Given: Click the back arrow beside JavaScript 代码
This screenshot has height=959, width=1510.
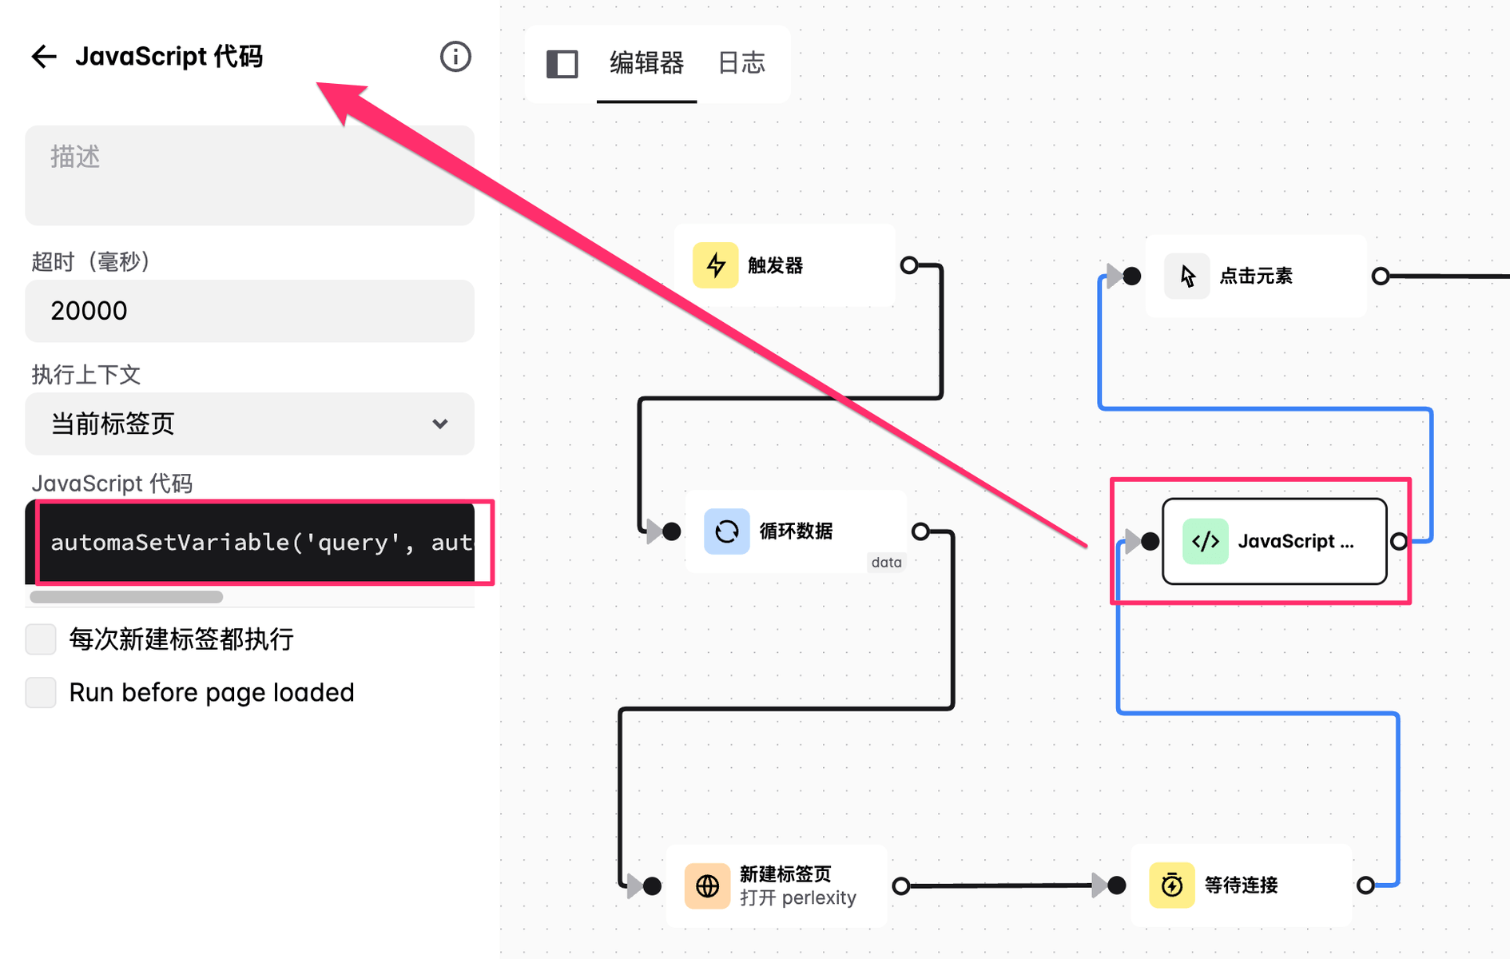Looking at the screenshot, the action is [44, 56].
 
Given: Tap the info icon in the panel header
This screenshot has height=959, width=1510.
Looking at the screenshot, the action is [455, 57].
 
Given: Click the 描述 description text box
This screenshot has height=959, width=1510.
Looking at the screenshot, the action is [249, 175].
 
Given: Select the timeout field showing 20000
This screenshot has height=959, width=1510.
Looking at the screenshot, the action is [249, 311].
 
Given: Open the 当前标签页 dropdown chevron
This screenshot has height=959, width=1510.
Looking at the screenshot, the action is [439, 424].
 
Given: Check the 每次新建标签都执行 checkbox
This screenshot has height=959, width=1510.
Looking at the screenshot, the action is [41, 639].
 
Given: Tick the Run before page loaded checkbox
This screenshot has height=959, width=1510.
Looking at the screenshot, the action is [41, 692].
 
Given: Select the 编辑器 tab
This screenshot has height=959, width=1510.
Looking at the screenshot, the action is [646, 62].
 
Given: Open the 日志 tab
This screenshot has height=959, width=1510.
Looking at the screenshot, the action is [741, 62].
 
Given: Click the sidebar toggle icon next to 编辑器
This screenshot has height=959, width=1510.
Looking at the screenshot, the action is [562, 64].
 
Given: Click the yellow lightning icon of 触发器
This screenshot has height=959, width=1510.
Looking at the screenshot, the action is [715, 265].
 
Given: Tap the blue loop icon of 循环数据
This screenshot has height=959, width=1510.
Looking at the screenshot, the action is [726, 531].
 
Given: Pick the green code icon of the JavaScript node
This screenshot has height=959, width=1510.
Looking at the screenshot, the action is [1206, 541].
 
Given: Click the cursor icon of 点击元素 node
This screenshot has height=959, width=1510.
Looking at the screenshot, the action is [1187, 276].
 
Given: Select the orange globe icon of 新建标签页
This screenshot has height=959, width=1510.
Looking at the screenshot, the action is [707, 885].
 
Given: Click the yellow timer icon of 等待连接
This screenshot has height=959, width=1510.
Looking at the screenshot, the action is [1172, 885].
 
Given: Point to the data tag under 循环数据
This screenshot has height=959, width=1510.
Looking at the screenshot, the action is [887, 563].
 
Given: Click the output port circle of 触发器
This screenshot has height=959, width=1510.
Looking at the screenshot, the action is [909, 265].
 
